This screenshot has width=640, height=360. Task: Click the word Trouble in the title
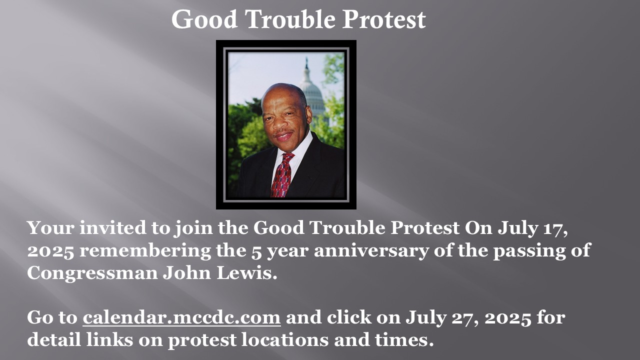(x=290, y=19)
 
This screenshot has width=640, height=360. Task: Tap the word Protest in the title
(x=384, y=19)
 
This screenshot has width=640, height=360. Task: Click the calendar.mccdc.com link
(x=181, y=317)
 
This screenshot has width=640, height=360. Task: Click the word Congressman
(x=92, y=273)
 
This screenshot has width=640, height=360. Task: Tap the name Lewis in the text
(x=247, y=272)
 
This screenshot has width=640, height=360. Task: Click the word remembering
(x=145, y=251)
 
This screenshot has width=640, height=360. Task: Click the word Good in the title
(x=204, y=19)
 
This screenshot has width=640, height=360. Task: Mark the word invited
(x=113, y=227)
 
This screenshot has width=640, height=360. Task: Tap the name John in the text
(x=187, y=272)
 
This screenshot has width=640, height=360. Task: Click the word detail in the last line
(x=53, y=339)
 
